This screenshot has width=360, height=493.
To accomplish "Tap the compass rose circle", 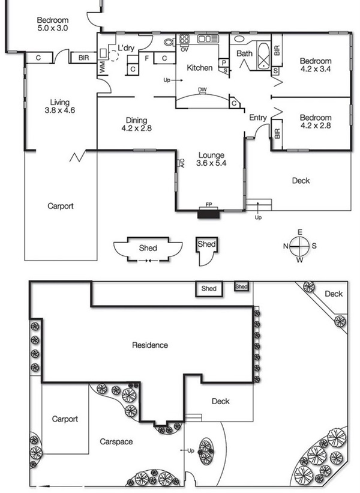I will click(x=300, y=245).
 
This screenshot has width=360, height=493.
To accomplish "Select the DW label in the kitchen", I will click(x=202, y=91).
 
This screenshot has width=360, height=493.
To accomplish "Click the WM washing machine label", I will click(x=103, y=68).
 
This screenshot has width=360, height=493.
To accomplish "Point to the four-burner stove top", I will click(x=185, y=40).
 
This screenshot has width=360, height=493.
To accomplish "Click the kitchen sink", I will click(x=208, y=39).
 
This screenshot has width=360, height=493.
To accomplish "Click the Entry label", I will click(x=258, y=118).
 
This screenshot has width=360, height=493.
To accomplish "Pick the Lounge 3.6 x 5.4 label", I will click(x=211, y=159).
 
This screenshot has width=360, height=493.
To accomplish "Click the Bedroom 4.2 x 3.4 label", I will click(x=316, y=65).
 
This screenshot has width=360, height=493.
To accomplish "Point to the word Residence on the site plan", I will click(x=150, y=345).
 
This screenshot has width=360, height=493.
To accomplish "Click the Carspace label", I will click(x=117, y=441).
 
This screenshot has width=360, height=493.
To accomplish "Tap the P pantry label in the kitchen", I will click(x=223, y=62).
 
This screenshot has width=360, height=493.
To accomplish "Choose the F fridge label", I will click(x=147, y=58).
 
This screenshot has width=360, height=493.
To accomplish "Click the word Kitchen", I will click(x=200, y=68).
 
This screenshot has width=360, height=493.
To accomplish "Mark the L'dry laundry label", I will click(x=127, y=47).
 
